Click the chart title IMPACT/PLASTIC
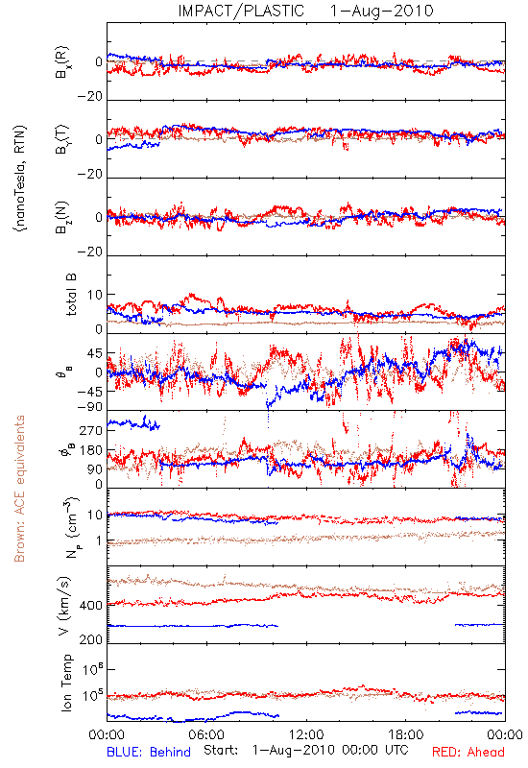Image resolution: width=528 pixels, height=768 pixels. (241, 11)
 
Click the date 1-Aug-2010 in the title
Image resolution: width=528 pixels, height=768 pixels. (382, 11)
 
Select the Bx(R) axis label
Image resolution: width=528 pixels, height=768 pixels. (62, 62)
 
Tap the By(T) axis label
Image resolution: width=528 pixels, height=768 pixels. (62, 139)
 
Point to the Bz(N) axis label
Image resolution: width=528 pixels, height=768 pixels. (62, 218)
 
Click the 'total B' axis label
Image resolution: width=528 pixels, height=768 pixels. (71, 295)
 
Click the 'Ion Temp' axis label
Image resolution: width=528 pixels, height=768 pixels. (66, 683)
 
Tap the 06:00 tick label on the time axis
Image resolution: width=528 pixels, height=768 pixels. (206, 734)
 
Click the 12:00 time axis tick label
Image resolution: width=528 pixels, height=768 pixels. (306, 734)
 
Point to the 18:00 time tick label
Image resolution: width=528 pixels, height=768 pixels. (406, 734)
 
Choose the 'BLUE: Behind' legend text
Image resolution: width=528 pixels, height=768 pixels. (149, 752)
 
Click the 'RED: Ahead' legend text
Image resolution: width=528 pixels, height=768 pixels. (468, 752)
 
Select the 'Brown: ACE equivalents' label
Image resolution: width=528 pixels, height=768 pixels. (19, 489)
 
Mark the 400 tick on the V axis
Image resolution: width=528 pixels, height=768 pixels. (90, 606)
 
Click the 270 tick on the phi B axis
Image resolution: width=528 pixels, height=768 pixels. (91, 430)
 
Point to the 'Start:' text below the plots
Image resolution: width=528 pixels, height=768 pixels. (221, 751)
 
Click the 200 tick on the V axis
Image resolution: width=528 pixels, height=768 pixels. (90, 639)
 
